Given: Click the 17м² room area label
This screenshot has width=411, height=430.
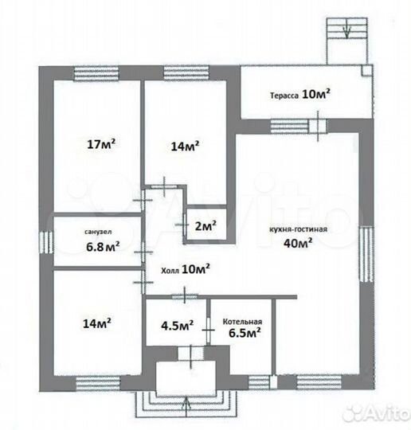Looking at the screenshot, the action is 101,144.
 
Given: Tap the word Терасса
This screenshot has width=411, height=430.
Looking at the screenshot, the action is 284,96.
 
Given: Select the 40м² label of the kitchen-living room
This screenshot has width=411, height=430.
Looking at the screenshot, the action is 298,243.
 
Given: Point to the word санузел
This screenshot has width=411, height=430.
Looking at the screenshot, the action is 98,232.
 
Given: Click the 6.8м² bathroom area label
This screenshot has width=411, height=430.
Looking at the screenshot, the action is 103,247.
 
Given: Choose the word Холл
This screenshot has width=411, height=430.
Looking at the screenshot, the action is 170,271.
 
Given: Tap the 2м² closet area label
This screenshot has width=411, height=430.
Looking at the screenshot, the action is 205,225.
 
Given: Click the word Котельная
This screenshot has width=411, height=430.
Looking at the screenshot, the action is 242,322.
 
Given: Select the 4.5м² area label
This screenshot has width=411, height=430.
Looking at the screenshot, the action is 178,325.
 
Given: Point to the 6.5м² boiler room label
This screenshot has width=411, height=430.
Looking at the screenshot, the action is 245,333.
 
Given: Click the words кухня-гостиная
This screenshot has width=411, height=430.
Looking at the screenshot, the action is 298,229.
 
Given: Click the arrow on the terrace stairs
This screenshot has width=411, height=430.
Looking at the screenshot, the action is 346,29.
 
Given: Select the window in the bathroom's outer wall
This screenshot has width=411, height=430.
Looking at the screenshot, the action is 46,242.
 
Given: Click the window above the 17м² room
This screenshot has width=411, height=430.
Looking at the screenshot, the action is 96,73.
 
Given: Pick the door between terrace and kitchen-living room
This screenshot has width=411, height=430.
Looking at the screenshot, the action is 318,126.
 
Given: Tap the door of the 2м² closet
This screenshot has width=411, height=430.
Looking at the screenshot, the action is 184,225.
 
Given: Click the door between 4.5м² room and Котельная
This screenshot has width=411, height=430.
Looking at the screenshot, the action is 209,330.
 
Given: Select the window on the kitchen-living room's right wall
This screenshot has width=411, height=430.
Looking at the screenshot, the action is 366,254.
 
